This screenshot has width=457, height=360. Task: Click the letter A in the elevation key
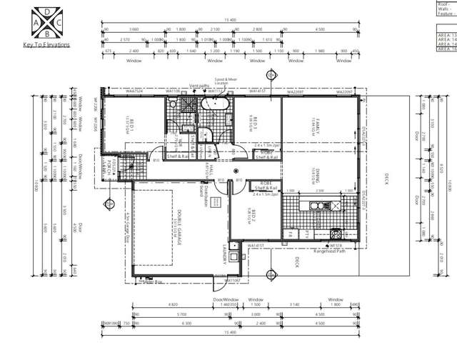click(x=37, y=23)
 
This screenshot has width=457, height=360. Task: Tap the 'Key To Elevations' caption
click(x=46, y=44)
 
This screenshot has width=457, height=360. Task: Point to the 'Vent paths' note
click(x=199, y=86)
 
